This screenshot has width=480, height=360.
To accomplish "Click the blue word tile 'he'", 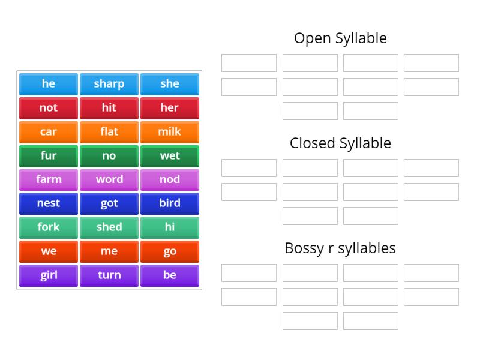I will (x=49, y=84).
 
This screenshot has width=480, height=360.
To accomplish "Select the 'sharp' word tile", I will (x=109, y=84).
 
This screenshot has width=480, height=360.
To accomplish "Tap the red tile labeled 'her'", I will (x=170, y=108).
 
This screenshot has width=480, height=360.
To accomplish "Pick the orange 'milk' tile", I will (x=170, y=132).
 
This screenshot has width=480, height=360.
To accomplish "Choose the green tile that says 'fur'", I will (x=49, y=156).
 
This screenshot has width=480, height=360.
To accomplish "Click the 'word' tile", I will (x=109, y=179).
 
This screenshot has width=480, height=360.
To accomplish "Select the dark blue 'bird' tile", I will (x=170, y=203).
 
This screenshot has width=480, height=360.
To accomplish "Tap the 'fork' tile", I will (x=49, y=227).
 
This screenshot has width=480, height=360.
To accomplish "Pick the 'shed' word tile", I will (x=109, y=227).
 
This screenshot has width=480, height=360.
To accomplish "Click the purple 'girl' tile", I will (x=49, y=275).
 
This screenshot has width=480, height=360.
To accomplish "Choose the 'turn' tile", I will (x=109, y=275).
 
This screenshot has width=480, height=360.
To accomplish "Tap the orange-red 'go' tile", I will (x=170, y=251).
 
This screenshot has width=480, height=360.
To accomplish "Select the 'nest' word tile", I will (x=49, y=203).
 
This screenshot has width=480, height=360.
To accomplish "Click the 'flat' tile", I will (x=109, y=132).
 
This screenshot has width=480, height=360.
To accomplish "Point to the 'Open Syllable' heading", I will (x=340, y=38).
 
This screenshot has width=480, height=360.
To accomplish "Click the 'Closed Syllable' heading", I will (x=340, y=143).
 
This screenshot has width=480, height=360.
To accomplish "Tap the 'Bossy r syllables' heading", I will (x=340, y=248).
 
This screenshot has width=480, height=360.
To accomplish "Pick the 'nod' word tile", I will (x=170, y=179).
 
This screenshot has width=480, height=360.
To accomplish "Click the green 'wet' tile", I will (x=170, y=156).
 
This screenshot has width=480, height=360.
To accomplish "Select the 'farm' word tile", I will (x=49, y=179).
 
